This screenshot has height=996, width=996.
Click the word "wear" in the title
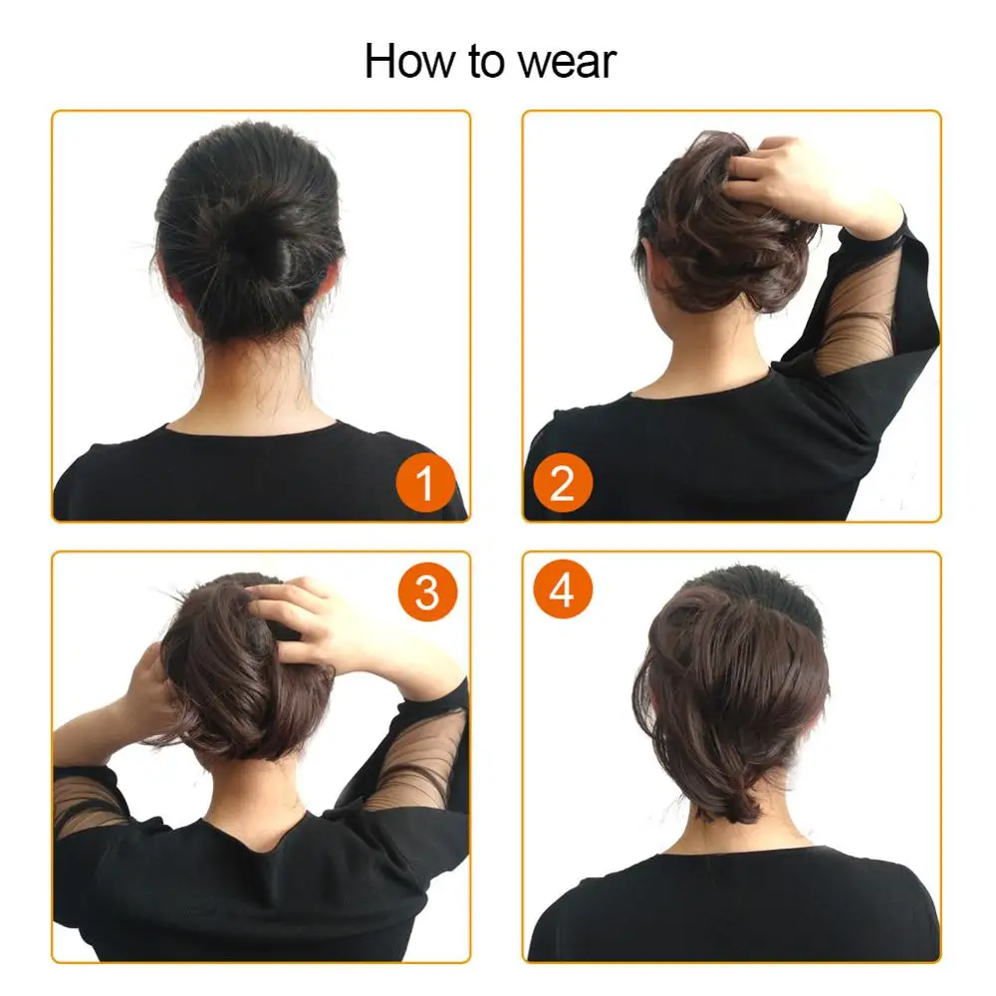tap(565, 62)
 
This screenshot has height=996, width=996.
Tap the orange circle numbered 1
tap(425, 484)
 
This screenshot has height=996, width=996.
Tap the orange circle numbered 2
tap(563, 484)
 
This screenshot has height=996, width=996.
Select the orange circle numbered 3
tap(426, 593)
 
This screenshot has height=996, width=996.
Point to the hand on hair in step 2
tap(787, 179)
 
